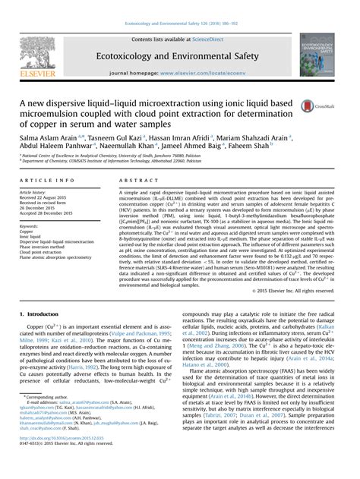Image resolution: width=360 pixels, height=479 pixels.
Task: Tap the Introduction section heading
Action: click(43, 313)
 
